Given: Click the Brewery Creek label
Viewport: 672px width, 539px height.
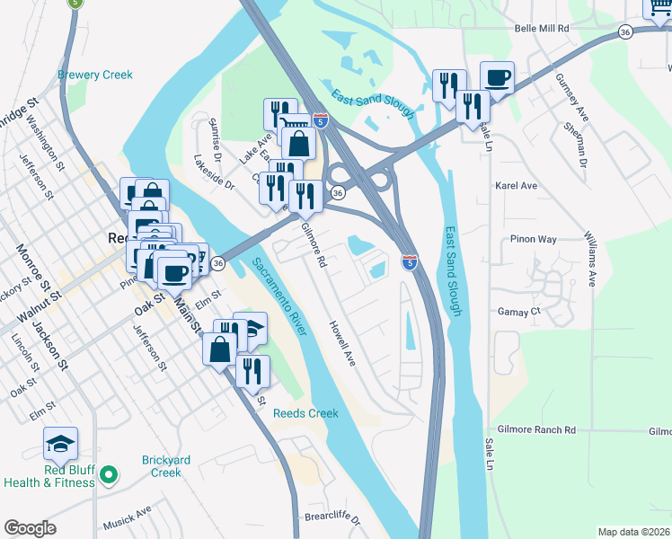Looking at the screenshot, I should [95, 75].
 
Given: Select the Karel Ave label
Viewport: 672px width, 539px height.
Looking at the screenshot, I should [516, 186].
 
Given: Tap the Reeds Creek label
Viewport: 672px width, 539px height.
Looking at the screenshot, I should [305, 413].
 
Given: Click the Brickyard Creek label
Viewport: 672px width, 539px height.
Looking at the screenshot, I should [166, 466].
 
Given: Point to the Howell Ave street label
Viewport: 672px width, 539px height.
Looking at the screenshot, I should [342, 343].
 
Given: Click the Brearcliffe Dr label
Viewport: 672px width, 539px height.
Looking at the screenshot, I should [332, 520].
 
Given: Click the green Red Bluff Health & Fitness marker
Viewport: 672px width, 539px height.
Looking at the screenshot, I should [108, 473].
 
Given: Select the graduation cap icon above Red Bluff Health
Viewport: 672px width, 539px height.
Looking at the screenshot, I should [60, 443].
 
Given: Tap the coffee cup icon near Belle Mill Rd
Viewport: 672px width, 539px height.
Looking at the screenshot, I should [497, 77].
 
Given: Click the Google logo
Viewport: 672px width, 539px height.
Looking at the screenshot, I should [30, 528].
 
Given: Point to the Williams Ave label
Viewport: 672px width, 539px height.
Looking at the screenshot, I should [590, 258].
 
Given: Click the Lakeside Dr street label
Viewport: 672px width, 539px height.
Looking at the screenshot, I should [213, 173].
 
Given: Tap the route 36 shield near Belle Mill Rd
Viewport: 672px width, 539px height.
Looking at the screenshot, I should [624, 31].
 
